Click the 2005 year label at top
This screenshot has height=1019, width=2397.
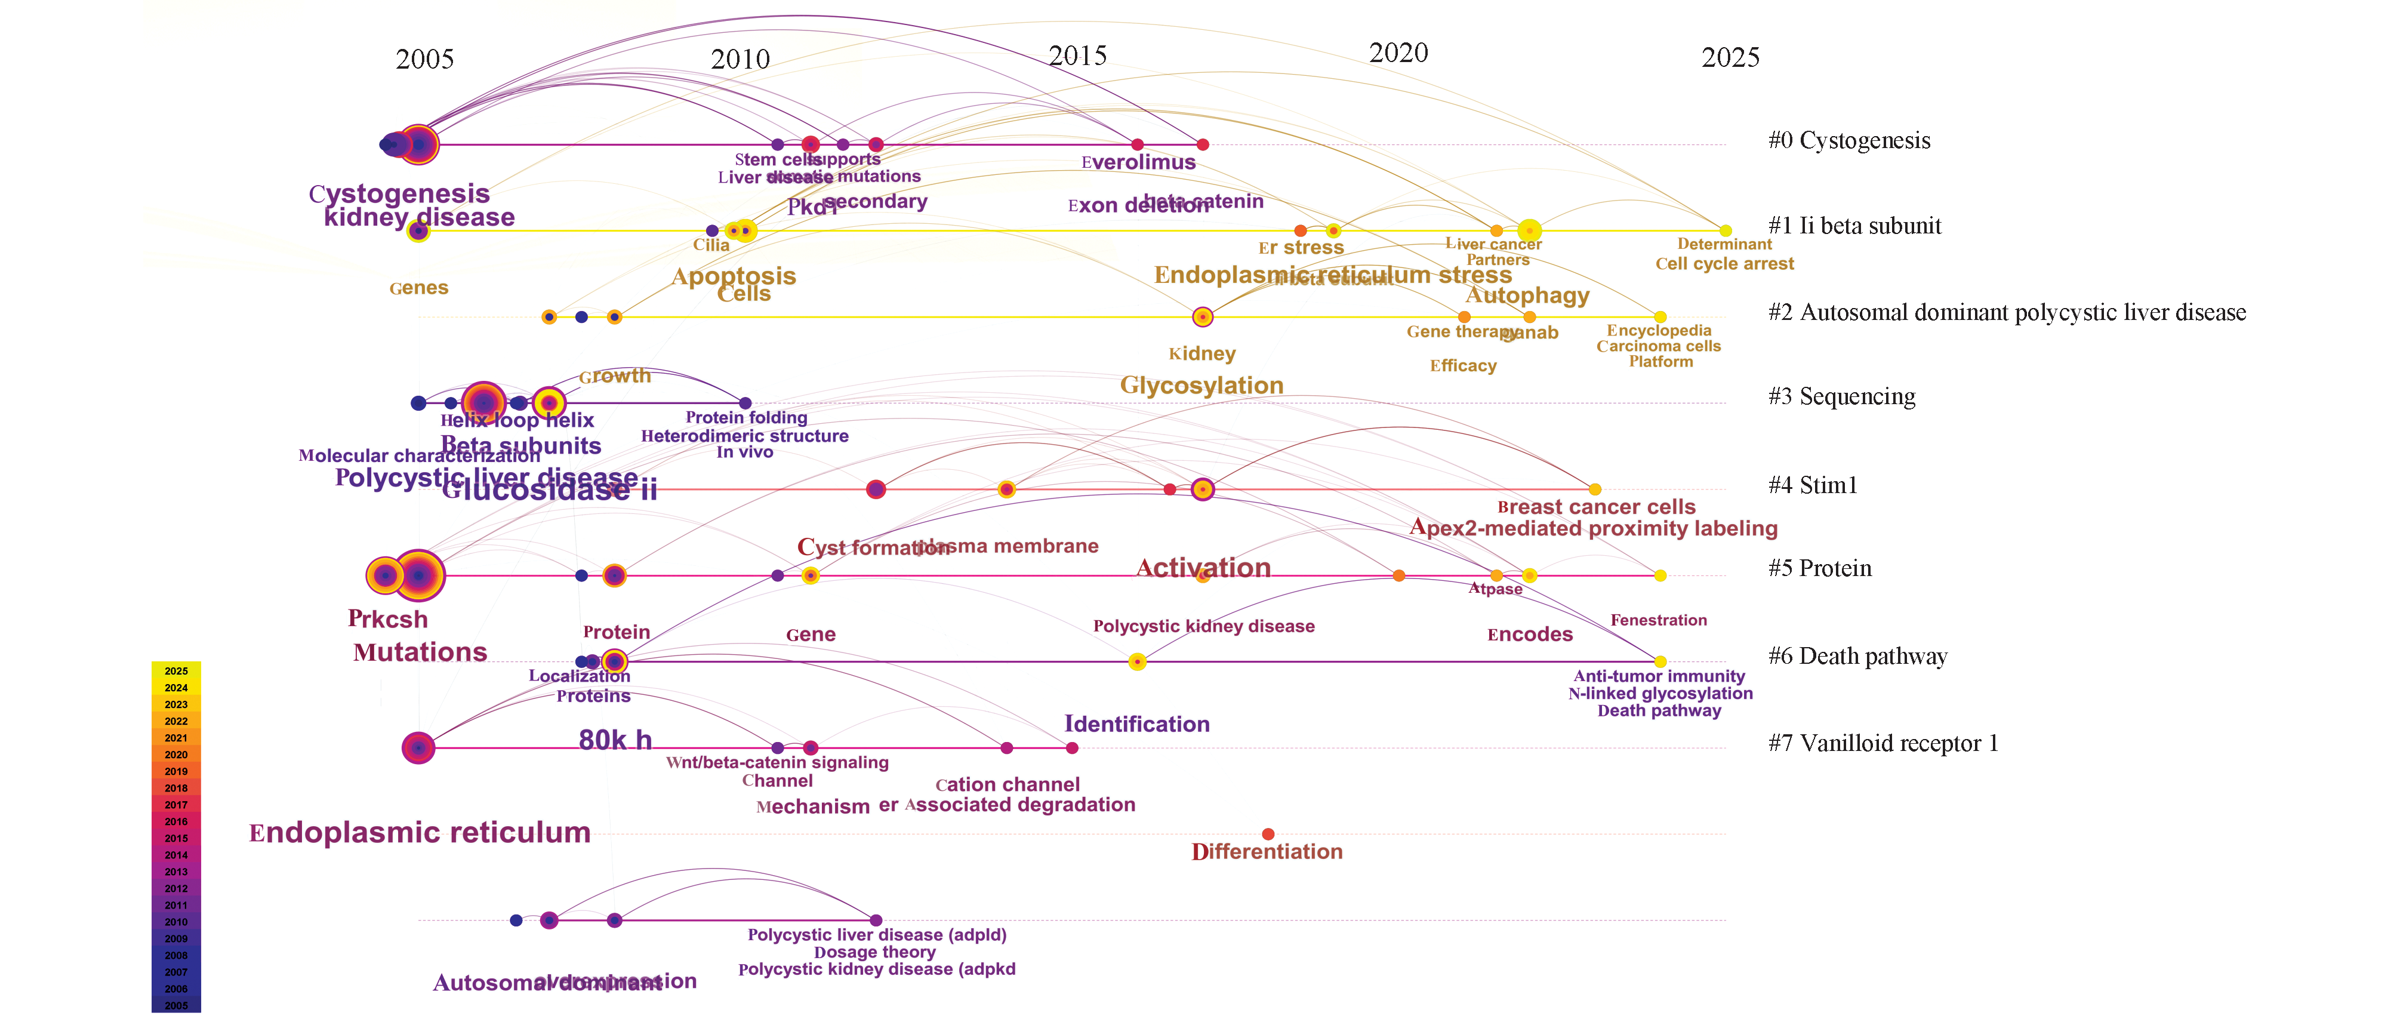(x=424, y=60)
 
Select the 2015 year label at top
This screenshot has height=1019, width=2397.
(x=1077, y=56)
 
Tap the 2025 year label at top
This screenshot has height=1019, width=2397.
(x=1730, y=58)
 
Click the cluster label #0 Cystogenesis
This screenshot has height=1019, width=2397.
(x=1848, y=140)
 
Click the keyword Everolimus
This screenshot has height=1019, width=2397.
(x=1138, y=162)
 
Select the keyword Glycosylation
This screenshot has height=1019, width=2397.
(x=1201, y=385)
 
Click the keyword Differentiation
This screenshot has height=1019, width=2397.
(x=1267, y=851)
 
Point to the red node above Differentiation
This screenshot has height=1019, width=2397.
(x=1267, y=834)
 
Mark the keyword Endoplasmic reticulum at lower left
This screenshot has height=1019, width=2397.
(x=420, y=832)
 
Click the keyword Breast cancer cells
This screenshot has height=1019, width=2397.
(x=1596, y=507)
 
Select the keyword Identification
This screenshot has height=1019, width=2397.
(x=1136, y=724)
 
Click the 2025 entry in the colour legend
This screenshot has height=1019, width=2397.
(x=176, y=671)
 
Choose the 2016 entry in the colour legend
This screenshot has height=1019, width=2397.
(x=176, y=822)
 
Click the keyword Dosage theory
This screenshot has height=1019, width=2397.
(x=874, y=952)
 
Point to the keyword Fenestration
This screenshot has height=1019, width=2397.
(x=1658, y=620)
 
